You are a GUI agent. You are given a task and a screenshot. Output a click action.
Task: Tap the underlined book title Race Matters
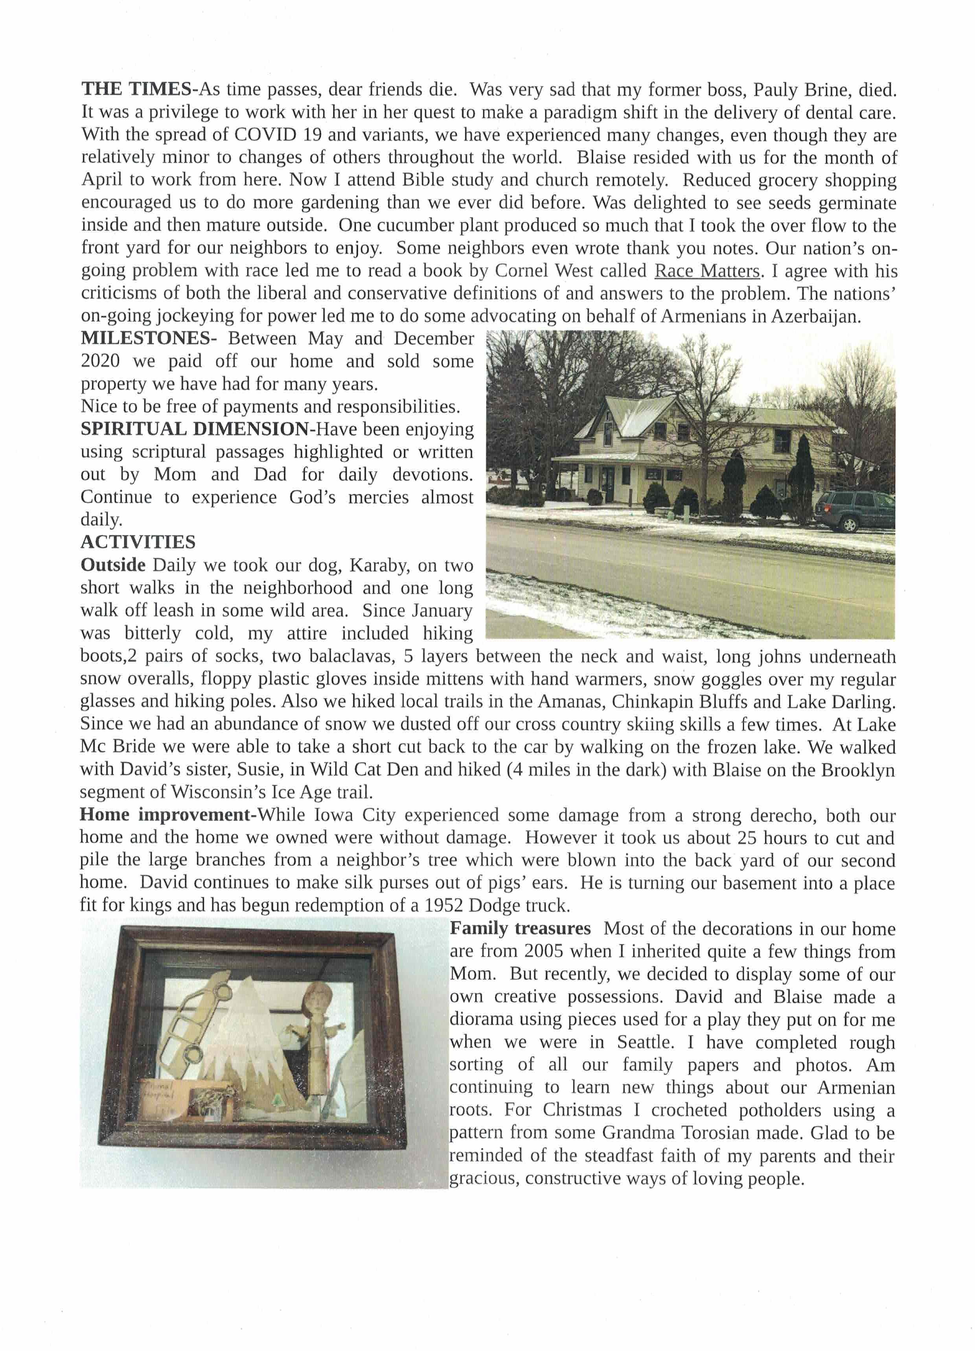coord(707,271)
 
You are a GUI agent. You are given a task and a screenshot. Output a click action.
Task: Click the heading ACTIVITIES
coord(138,542)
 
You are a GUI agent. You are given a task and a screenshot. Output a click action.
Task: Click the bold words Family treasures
coord(520,928)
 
